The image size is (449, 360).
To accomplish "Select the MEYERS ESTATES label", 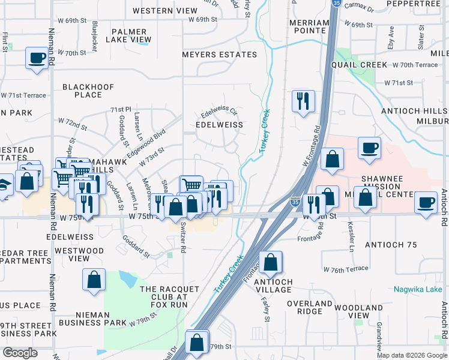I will tap(220, 55).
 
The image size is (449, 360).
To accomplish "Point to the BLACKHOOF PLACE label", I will tap(88, 91).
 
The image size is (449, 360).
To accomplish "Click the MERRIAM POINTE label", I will tap(309, 27).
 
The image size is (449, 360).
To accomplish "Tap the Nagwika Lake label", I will tap(418, 289).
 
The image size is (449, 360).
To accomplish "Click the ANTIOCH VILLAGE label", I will tap(273, 286).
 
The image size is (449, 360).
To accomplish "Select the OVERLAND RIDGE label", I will tap(310, 308).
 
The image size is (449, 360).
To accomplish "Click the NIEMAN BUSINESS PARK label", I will tap(101, 318).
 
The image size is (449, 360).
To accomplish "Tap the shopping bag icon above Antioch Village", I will tap(271, 262).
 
